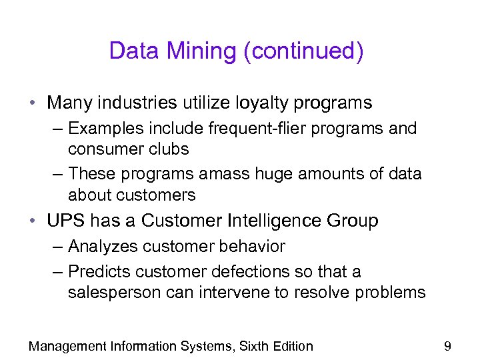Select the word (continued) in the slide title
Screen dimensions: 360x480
point(303,51)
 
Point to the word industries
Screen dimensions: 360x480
point(135,103)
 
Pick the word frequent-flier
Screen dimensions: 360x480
point(247,129)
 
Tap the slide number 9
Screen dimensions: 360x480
point(447,346)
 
